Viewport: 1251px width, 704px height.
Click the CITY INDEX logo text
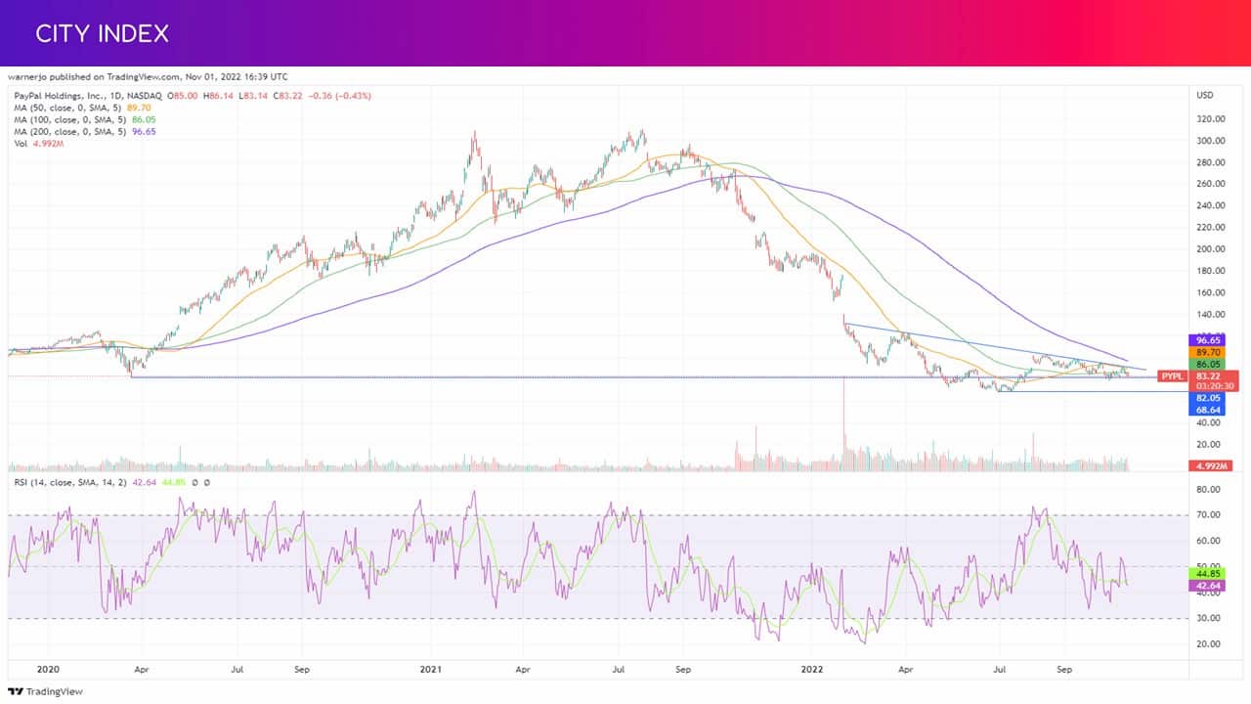102,33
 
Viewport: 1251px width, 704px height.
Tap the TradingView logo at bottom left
45,691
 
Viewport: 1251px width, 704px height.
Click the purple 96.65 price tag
1207,340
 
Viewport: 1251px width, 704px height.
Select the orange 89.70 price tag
1207,353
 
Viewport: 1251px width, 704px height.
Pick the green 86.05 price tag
1207,365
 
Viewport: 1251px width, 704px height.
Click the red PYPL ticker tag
1172,376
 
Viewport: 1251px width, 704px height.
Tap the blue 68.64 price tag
1207,410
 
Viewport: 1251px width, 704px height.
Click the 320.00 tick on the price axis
1210,119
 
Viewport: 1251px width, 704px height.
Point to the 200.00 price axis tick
1210,249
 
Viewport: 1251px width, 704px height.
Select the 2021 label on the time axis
431,669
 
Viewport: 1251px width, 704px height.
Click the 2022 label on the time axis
812,669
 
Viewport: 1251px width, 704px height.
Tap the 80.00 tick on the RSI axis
1209,490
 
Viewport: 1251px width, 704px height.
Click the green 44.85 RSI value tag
1207,574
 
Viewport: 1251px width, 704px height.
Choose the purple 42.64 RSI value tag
1207,586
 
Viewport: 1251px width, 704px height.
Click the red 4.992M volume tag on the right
1211,466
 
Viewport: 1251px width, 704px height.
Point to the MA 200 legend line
85,132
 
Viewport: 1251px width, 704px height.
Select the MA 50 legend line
83,108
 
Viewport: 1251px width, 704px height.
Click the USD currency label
1205,96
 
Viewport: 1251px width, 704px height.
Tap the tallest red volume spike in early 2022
843,423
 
